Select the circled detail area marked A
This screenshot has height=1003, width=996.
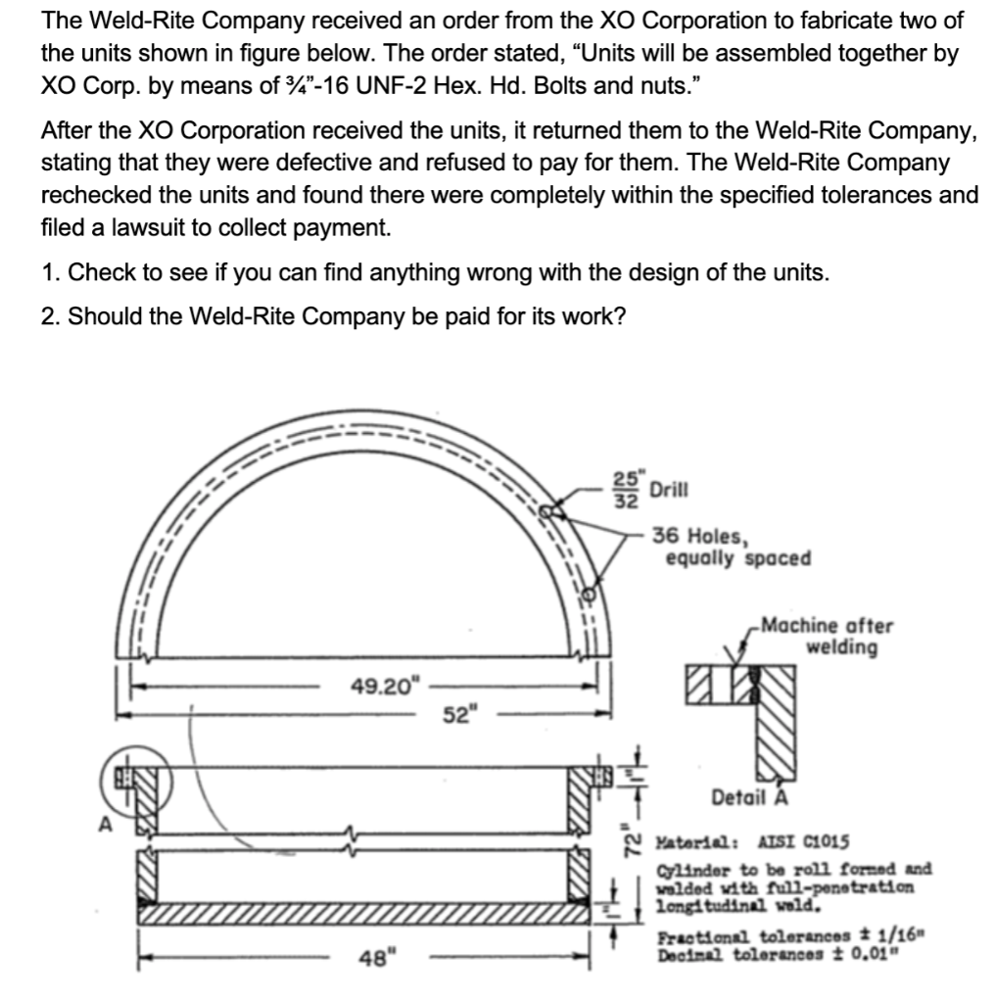tap(126, 777)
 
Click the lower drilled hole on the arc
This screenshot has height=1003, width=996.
tap(588, 593)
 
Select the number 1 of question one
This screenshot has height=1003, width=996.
tap(49, 272)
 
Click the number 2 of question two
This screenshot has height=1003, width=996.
tap(49, 318)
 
